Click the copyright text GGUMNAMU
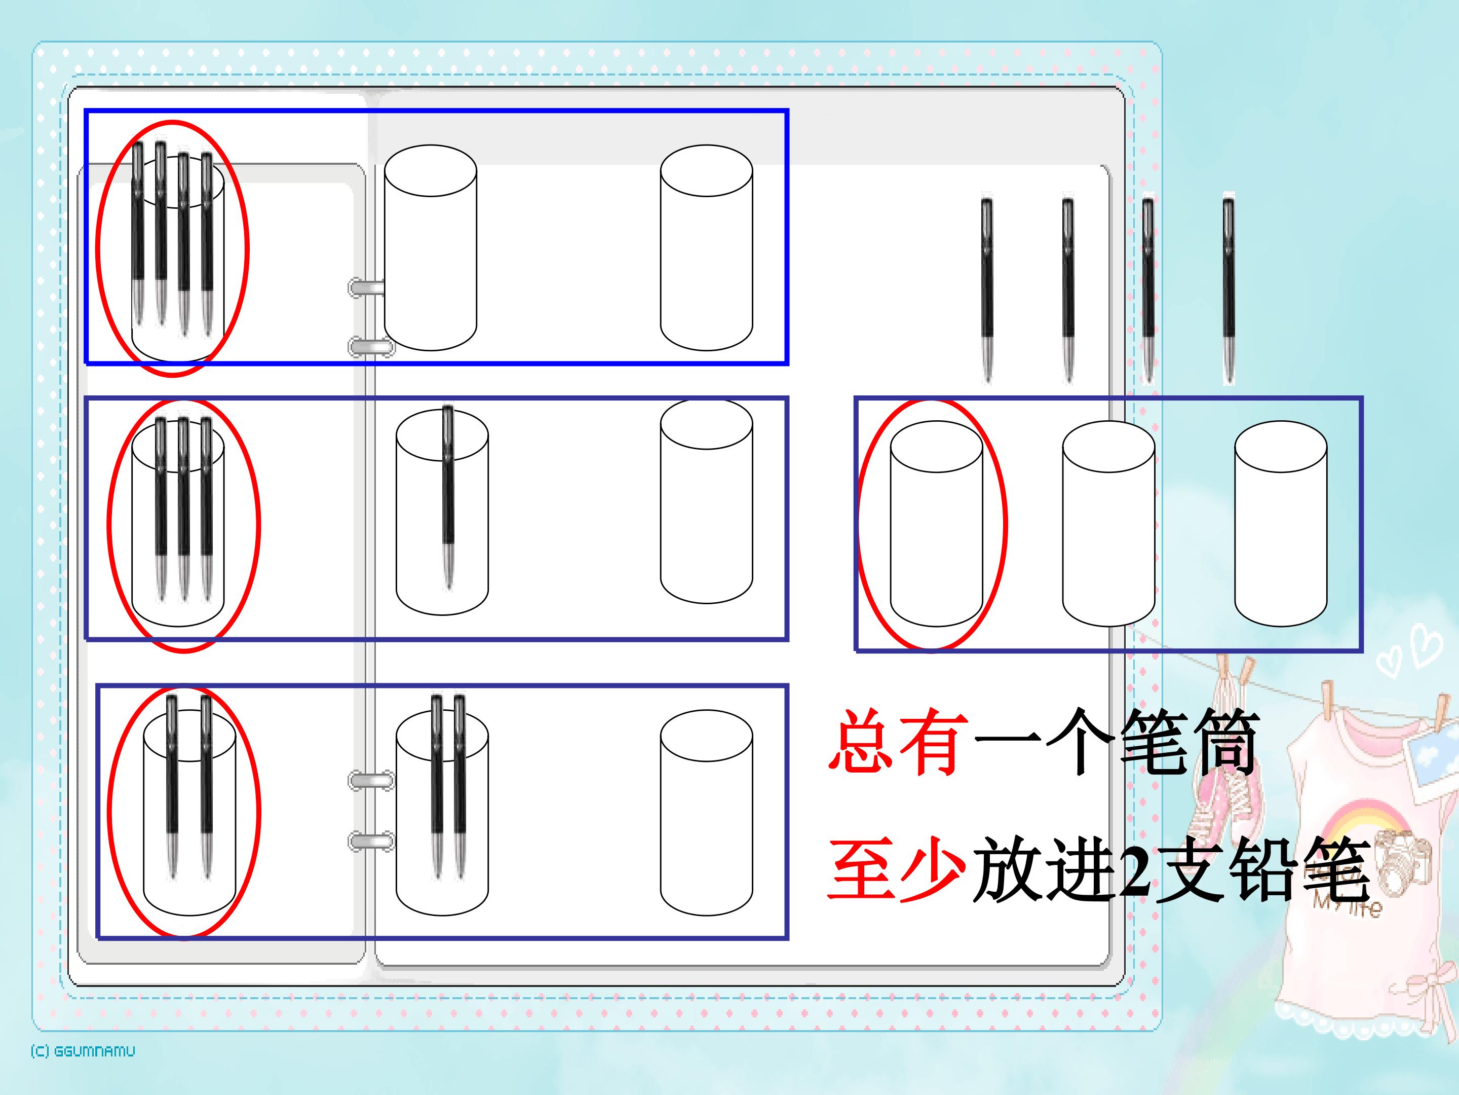click(83, 1051)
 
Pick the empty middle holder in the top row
click(430, 247)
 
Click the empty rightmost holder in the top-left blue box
click(706, 247)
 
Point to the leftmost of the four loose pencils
click(987, 290)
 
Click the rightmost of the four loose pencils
click(1228, 290)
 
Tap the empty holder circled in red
click(936, 523)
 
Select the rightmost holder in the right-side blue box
click(1280, 523)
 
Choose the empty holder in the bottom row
click(706, 813)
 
